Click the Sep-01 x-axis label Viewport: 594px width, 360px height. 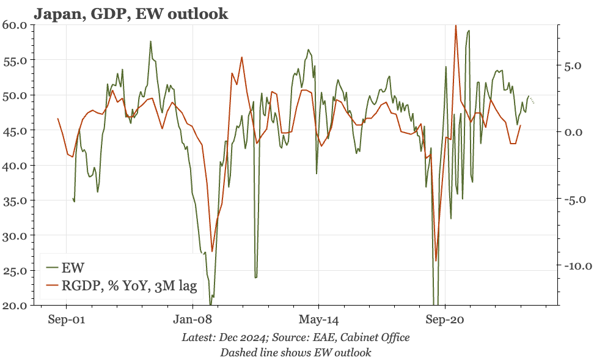coord(66,320)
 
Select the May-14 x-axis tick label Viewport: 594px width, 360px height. coord(318,320)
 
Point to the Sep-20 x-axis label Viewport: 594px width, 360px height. coord(445,320)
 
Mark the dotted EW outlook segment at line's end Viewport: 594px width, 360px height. coord(532,100)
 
